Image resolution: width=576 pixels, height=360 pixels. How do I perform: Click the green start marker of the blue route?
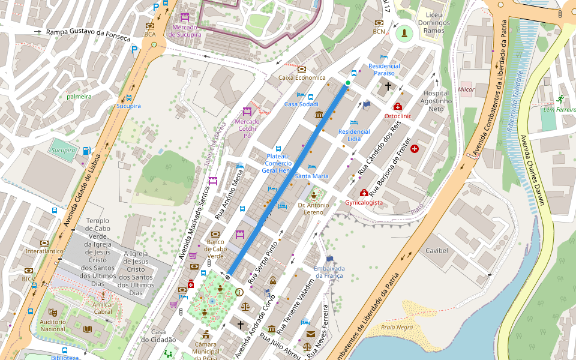[348, 83]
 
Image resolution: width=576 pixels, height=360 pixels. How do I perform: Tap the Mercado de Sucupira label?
[185, 31]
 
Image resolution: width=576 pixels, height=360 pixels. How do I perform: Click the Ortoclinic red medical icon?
[397, 106]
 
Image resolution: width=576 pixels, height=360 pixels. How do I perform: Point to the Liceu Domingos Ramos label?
[434, 22]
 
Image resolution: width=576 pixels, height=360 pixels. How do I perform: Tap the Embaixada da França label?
[329, 272]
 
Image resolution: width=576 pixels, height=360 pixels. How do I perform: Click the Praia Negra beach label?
[397, 327]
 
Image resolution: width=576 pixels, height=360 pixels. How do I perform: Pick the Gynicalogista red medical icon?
[364, 193]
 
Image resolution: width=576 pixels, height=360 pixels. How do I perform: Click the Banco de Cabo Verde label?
[215, 245]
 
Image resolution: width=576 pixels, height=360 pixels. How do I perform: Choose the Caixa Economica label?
[302, 77]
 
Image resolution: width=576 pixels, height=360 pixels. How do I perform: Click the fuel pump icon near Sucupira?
[88, 151]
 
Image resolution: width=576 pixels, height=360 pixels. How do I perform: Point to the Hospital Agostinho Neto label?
[436, 101]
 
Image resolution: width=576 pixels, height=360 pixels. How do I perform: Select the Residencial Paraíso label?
[384, 69]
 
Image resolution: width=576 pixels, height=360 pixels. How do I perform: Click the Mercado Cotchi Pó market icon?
[247, 112]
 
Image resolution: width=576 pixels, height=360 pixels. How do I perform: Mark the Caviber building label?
[437, 250]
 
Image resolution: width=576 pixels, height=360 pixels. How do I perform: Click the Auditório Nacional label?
[53, 325]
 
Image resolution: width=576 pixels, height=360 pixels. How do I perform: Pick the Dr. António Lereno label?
[314, 208]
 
